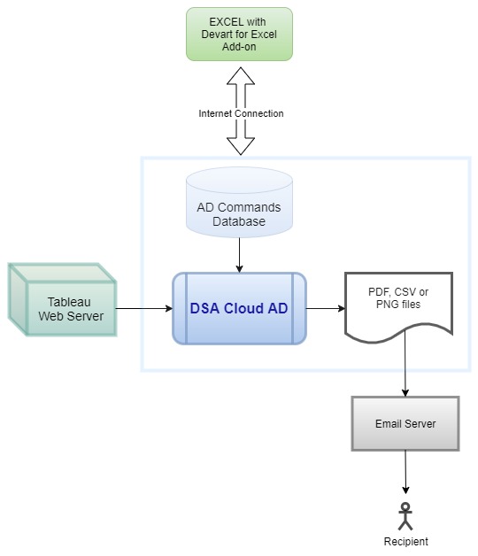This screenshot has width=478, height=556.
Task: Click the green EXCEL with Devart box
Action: click(239, 34)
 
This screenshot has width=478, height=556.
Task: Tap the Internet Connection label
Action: click(241, 113)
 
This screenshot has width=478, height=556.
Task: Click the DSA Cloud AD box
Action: click(239, 309)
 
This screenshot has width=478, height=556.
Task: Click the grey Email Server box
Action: click(405, 423)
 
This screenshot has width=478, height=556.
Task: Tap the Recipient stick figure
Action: click(405, 516)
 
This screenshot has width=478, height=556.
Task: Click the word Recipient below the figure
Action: click(405, 541)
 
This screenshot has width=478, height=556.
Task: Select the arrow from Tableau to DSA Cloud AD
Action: click(143, 309)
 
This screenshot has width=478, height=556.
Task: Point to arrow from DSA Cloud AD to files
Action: click(325, 309)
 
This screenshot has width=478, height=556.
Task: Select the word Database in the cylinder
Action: click(239, 221)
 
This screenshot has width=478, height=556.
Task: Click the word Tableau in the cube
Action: click(70, 302)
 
